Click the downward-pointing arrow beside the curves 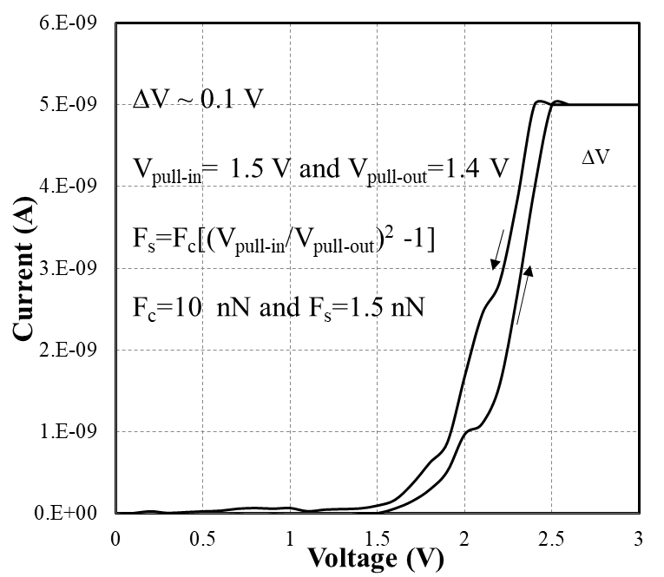[x=496, y=249]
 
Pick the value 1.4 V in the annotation [x=479, y=167]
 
